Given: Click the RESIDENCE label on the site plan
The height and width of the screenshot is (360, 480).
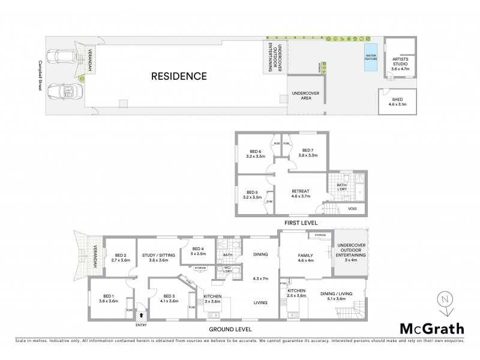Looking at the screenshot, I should [179, 76].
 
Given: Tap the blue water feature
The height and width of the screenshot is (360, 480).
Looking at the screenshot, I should [370, 58].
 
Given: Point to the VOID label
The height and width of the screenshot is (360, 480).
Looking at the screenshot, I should [352, 209].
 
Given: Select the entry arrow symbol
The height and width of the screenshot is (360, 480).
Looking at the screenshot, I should [142, 314].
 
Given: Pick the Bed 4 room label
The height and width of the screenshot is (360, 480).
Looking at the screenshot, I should [199, 251].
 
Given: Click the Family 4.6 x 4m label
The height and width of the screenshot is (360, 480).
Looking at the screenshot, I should [306, 258].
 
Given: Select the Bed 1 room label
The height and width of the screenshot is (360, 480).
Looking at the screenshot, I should [109, 298].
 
